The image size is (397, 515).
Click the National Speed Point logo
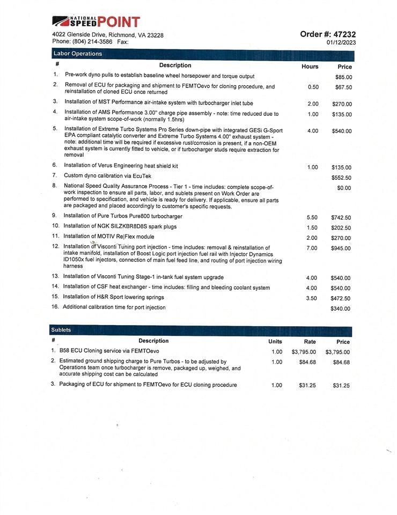pyautogui.click(x=96, y=22)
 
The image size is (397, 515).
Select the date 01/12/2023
pyautogui.click(x=341, y=42)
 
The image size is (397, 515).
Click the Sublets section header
pyautogui.click(x=61, y=330)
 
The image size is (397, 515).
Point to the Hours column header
pyautogui.click(x=310, y=67)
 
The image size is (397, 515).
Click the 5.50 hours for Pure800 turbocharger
pyautogui.click(x=312, y=217)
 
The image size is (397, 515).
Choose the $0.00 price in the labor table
pyautogui.click(x=344, y=188)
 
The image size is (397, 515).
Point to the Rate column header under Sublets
pyautogui.click(x=310, y=342)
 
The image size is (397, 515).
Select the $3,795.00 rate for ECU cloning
pyautogui.click(x=304, y=352)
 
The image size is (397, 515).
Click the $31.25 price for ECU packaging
pyautogui.click(x=341, y=386)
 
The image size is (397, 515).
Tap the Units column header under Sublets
pyautogui.click(x=275, y=342)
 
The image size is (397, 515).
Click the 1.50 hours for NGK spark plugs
pyautogui.click(x=312, y=227)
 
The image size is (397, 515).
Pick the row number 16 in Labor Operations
pyautogui.click(x=55, y=307)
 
